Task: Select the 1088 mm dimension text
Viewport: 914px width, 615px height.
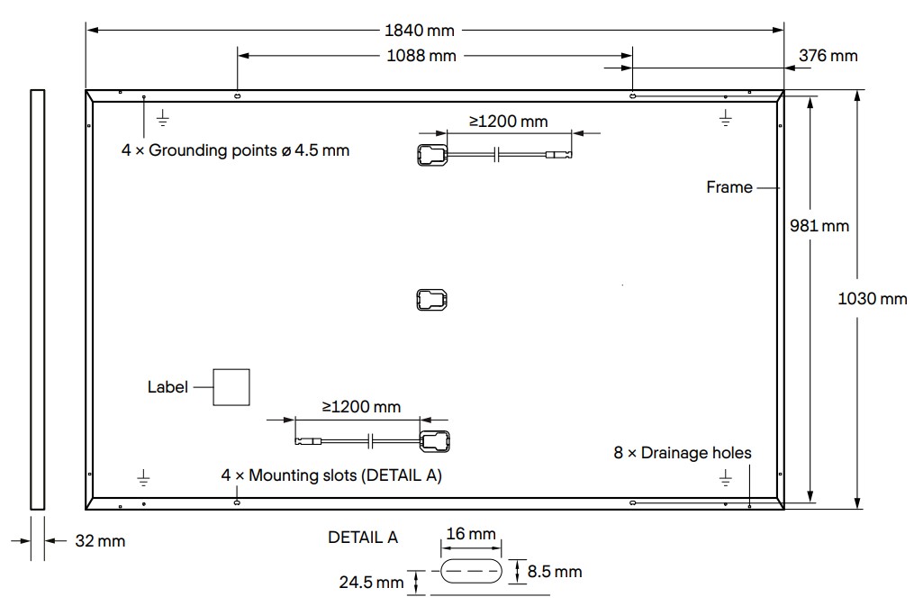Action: (421, 56)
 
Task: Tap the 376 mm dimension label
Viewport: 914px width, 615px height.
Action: (828, 56)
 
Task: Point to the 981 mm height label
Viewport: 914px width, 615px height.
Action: (818, 225)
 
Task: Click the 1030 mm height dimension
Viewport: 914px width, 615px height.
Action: (872, 299)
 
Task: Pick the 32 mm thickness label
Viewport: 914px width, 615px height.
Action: (100, 541)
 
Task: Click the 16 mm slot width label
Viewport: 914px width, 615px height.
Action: (471, 534)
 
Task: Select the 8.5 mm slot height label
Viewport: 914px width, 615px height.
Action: (554, 571)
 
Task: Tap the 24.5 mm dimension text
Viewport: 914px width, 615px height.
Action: (371, 583)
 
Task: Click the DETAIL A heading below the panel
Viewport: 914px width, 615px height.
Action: (363, 538)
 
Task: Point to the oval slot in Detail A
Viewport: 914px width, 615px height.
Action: (471, 572)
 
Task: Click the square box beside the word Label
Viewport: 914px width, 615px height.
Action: (231, 387)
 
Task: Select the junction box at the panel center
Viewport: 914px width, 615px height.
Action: (432, 300)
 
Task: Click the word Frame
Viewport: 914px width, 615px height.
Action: (728, 187)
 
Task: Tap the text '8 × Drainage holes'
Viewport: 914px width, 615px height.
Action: (682, 453)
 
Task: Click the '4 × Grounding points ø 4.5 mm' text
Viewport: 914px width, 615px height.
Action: (235, 150)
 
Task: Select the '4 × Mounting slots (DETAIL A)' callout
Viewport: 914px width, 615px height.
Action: (332, 475)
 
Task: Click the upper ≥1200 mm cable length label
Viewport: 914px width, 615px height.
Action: (508, 121)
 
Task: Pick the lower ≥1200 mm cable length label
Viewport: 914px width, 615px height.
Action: (361, 407)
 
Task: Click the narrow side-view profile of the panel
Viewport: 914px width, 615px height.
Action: (37, 300)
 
